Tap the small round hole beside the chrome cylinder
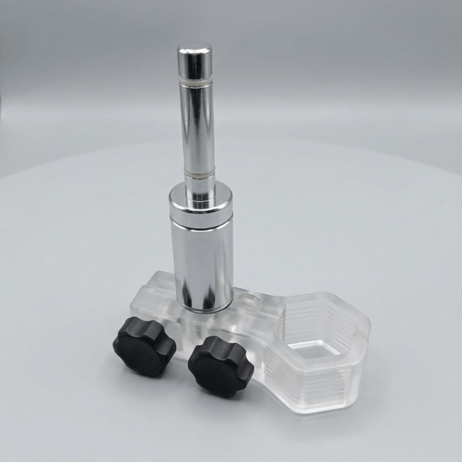pos(249,301)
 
